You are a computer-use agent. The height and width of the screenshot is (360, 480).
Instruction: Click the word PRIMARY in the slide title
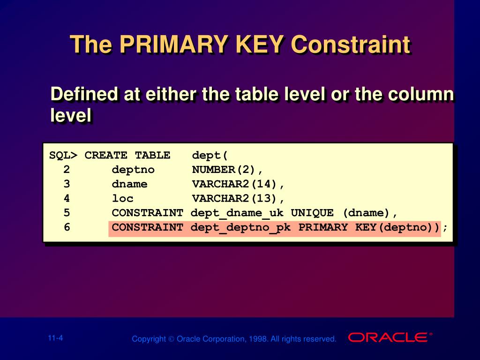pyautogui.click(x=174, y=44)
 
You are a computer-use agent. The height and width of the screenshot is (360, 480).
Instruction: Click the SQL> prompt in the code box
pyautogui.click(x=63, y=155)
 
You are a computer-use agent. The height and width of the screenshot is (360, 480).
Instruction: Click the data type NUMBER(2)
pyautogui.click(x=224, y=169)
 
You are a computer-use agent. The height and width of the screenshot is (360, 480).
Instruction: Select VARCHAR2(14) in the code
pyautogui.click(x=234, y=184)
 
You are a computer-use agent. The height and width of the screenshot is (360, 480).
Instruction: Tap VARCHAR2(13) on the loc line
pyautogui.click(x=234, y=198)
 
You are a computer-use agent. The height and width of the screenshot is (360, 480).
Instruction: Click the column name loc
pyautogui.click(x=122, y=198)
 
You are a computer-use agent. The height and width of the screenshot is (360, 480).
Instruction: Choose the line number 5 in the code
pyautogui.click(x=67, y=212)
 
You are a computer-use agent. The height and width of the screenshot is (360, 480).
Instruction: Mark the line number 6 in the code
pyautogui.click(x=67, y=227)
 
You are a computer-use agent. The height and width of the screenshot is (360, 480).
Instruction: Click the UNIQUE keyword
pyautogui.click(x=312, y=213)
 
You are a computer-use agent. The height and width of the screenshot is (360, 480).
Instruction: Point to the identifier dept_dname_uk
pyautogui.click(x=237, y=213)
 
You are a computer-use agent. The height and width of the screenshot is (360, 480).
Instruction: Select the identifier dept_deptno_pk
pyautogui.click(x=240, y=227)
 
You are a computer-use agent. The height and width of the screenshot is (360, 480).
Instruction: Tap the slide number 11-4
pyautogui.click(x=55, y=338)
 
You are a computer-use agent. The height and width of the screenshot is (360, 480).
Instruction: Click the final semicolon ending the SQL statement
pyautogui.click(x=445, y=228)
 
